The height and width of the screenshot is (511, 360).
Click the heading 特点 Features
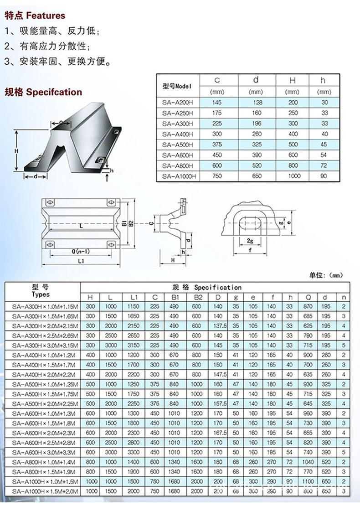35,15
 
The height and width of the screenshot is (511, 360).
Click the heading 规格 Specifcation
43,92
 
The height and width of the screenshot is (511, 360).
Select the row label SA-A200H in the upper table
177,103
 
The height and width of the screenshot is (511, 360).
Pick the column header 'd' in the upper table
255,80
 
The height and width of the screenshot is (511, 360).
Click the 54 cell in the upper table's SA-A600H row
324,155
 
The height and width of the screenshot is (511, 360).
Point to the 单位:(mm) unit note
326,275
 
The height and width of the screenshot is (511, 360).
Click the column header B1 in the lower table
175,297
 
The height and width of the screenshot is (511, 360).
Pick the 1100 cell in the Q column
308,480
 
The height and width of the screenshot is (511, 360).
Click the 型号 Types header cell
42,290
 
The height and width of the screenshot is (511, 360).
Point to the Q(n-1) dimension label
68,251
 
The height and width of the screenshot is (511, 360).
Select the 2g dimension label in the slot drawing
250,240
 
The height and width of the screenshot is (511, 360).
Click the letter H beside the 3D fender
15,150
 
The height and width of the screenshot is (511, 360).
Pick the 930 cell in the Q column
308,384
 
